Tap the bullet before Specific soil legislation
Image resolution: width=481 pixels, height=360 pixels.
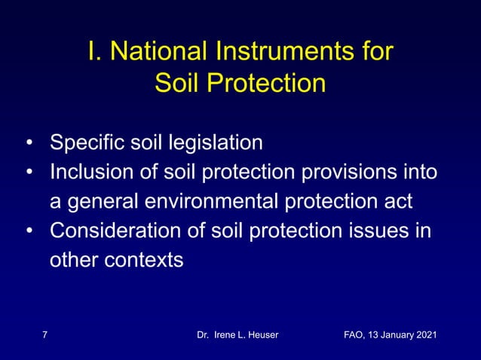[28, 143]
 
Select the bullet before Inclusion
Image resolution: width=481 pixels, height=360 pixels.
[28, 172]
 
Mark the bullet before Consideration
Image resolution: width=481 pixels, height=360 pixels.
[28, 232]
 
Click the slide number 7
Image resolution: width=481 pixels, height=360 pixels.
[44, 334]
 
